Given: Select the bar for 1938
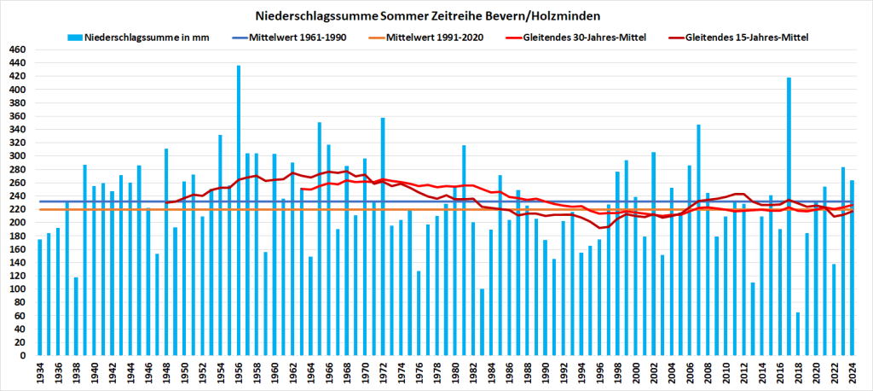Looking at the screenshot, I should pyautogui.click(x=76, y=316).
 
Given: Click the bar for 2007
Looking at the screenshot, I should pyautogui.click(x=698, y=240).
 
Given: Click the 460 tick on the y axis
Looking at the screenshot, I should pyautogui.click(x=17, y=50).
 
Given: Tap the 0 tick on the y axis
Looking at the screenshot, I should pyautogui.click(x=23, y=356).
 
